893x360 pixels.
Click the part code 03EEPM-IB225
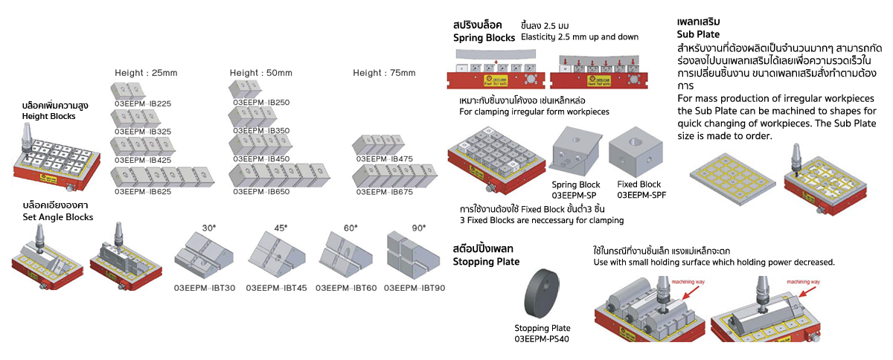click(141, 103)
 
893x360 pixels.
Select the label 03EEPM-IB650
click(260, 190)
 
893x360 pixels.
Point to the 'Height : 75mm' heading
click(384, 73)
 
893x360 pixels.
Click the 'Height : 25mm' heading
click(146, 73)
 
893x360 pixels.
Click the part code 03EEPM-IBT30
click(205, 287)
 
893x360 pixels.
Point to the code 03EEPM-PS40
click(542, 339)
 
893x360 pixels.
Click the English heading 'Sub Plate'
click(698, 34)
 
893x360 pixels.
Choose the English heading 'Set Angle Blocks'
click(58, 217)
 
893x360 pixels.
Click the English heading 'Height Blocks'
click(49, 117)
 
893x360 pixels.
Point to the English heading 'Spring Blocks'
click(484, 37)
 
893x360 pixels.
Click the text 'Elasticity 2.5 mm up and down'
click(580, 37)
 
